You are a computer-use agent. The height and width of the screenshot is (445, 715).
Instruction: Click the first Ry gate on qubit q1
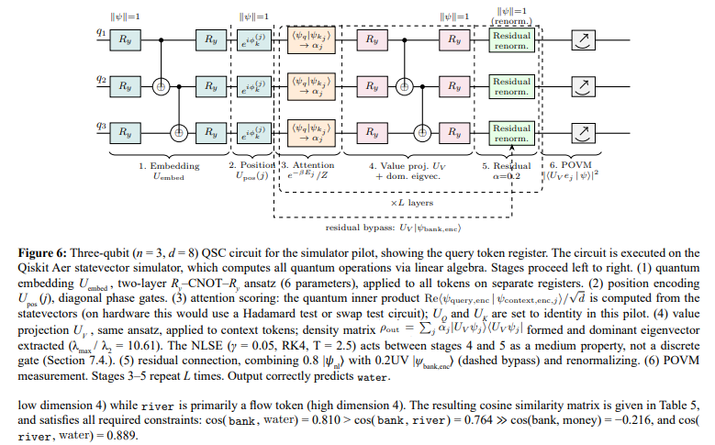125,40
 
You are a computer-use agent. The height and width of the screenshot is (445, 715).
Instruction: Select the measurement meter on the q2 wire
583,86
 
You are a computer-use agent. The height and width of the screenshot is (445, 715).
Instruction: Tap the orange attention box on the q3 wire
311,133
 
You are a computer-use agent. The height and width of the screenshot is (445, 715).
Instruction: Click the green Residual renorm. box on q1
511,40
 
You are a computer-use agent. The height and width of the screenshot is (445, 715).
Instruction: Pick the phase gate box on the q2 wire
254,86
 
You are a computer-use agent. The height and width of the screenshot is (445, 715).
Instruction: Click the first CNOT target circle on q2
161,86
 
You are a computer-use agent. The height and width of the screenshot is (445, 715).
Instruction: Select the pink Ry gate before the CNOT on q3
372,133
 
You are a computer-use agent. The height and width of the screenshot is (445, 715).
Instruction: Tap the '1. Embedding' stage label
169,166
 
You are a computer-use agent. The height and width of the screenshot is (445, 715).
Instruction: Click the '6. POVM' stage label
571,165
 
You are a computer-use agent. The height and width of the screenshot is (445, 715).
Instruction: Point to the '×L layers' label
412,203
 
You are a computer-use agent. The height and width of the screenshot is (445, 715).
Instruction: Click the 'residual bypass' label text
359,228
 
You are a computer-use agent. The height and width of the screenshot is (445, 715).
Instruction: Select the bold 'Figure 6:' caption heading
42,253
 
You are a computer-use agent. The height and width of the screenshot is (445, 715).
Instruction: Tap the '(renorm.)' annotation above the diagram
511,21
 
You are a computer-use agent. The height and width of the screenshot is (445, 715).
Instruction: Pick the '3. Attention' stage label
307,165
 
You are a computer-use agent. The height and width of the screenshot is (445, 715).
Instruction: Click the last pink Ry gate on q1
454,40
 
